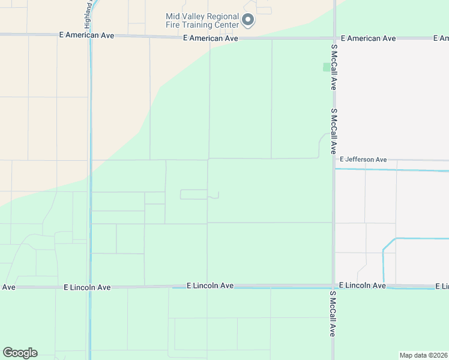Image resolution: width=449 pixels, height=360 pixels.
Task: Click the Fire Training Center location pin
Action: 248,21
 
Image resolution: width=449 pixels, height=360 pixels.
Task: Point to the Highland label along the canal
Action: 88,8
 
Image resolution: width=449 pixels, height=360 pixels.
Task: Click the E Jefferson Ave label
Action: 363,160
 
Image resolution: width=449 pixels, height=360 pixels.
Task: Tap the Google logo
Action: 20,353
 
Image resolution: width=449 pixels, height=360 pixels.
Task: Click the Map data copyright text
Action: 424,355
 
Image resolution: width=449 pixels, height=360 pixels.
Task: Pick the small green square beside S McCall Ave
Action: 327,67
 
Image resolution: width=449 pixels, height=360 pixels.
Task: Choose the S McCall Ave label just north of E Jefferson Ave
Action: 333,131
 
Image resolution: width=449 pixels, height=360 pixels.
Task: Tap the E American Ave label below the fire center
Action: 210,38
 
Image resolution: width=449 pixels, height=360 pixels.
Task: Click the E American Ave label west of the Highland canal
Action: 86,35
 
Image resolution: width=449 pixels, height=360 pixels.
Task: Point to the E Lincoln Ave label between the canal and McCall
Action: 209,286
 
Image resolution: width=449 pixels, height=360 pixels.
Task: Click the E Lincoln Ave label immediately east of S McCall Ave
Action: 362,286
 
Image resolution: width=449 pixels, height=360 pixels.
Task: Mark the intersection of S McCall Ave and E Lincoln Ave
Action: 333,286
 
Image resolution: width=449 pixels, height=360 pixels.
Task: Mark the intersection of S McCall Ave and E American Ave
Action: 333,38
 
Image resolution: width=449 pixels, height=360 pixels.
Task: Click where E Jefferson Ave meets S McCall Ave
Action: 334,160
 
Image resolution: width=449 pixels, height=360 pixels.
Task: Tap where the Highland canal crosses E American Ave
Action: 90,35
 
